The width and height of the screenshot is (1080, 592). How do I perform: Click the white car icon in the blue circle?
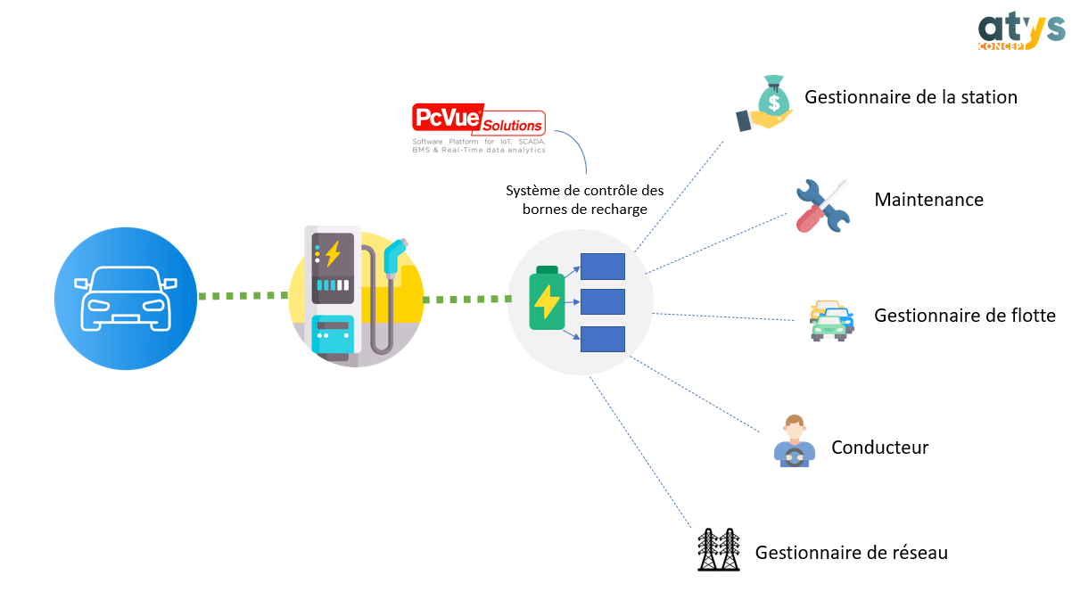click(126, 299)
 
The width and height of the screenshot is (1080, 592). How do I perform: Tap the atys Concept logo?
click(1021, 31)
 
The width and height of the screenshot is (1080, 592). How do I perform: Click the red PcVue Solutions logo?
click(479, 119)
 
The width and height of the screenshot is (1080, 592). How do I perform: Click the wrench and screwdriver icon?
click(823, 206)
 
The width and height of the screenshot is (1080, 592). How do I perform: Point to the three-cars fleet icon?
click(832, 321)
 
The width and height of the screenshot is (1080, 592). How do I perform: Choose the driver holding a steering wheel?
click(794, 440)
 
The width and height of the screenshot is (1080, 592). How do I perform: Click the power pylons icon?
click(719, 549)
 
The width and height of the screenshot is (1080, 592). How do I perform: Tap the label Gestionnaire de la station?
click(911, 97)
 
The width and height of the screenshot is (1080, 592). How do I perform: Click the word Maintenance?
click(928, 200)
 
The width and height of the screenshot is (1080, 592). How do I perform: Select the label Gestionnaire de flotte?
click(965, 316)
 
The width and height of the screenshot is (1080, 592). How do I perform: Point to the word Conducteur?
click(880, 448)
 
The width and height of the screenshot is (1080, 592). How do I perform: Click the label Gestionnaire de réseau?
click(851, 553)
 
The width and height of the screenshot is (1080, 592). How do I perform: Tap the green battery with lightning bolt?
click(547, 298)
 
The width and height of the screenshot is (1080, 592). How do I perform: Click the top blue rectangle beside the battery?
click(603, 267)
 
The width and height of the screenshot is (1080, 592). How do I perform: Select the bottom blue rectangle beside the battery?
click(603, 339)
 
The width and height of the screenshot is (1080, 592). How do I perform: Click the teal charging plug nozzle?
click(395, 256)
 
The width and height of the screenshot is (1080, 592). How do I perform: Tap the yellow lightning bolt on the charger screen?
click(333, 253)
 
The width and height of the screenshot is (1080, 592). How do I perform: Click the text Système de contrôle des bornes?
click(584, 200)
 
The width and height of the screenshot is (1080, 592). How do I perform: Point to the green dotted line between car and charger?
click(243, 295)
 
